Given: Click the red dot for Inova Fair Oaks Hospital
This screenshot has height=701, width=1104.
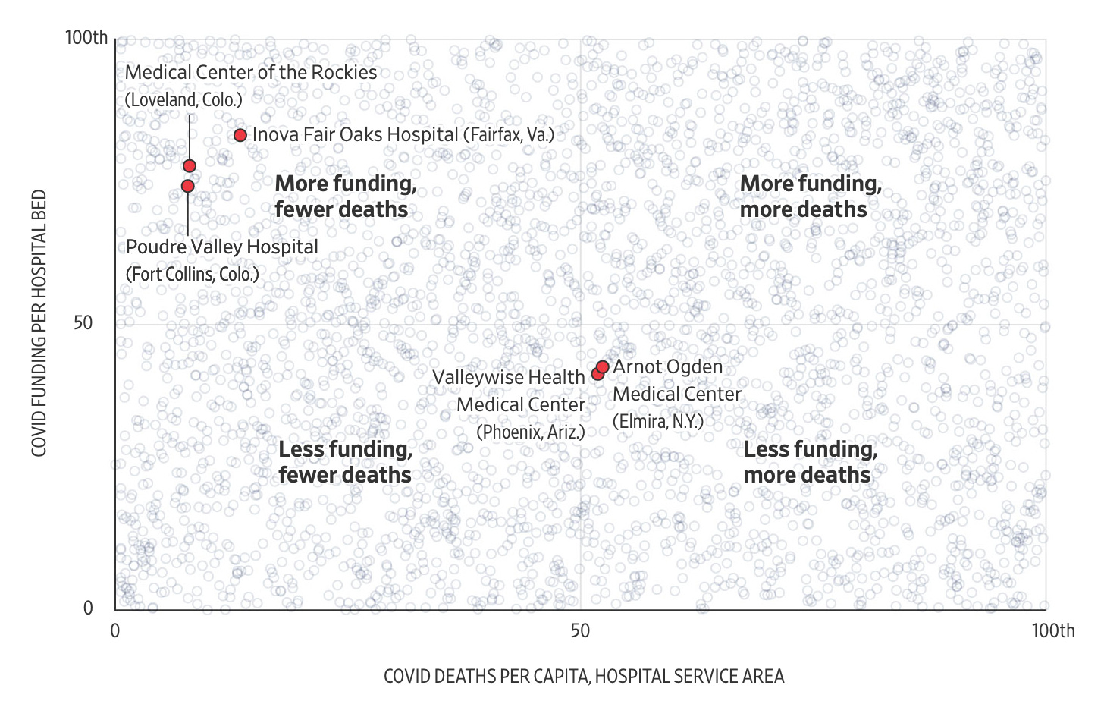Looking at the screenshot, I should (x=240, y=135).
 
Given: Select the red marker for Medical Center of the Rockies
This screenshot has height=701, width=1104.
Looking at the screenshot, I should (x=190, y=165).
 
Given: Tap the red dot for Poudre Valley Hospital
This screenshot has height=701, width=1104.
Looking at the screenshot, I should (x=188, y=186).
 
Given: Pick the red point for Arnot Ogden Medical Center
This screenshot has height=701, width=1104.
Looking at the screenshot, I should (x=603, y=367).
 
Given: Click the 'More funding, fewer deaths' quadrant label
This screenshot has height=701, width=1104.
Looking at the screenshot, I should (x=345, y=196).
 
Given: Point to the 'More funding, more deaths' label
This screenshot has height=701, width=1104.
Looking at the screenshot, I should (x=810, y=196).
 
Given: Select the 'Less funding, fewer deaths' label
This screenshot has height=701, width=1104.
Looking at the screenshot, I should (x=345, y=462).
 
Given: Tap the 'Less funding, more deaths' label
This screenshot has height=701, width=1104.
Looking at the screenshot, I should (x=810, y=462).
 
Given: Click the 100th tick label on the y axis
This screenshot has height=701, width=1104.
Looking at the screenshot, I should (x=86, y=37).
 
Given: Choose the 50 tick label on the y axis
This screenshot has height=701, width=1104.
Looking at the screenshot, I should (x=83, y=323).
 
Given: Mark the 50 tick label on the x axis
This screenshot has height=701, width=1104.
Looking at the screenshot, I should (x=580, y=631).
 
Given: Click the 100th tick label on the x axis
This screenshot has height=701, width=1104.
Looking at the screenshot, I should (x=1052, y=631).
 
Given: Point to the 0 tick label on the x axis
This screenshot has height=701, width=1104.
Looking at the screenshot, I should (x=115, y=631).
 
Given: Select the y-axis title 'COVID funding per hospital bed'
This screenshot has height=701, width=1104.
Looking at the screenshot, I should (x=39, y=323).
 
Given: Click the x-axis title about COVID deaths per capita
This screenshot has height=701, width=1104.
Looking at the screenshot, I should (x=584, y=676).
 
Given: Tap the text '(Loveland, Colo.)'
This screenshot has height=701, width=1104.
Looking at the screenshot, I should (x=183, y=100).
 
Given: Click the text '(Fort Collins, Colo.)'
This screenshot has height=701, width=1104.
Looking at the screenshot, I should (x=193, y=274).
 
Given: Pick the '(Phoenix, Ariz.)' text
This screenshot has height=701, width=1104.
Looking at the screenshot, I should (x=531, y=432).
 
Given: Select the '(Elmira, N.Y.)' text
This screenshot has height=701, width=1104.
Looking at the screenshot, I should (x=658, y=422).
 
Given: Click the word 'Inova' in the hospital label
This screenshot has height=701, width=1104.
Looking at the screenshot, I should (x=274, y=135).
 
